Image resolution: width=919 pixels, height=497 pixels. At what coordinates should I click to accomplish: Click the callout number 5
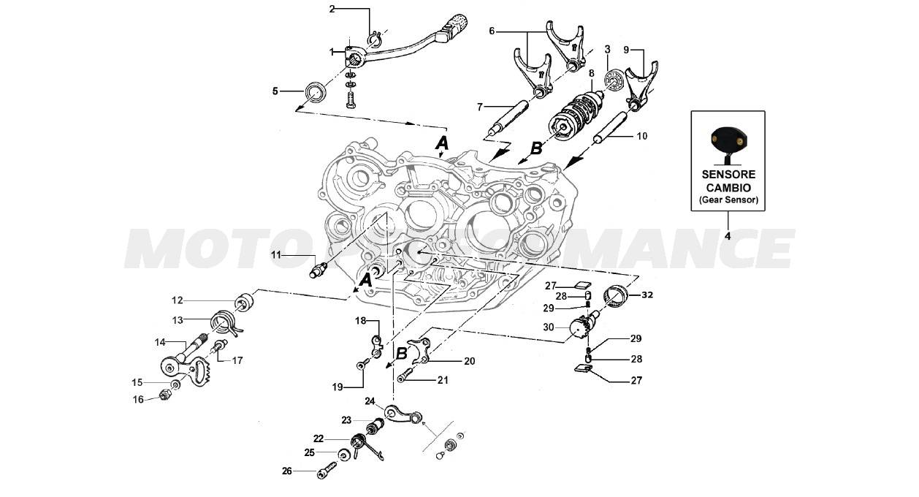(275, 91)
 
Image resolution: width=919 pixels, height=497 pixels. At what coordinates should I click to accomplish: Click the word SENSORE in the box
(728, 175)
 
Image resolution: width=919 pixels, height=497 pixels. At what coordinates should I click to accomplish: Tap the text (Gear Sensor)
(728, 200)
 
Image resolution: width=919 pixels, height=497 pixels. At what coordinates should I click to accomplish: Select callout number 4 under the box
(728, 236)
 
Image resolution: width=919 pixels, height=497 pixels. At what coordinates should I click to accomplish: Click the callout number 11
(276, 254)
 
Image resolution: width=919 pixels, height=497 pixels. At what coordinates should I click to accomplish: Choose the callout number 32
(647, 295)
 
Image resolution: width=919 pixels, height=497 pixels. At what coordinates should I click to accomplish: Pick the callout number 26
(286, 471)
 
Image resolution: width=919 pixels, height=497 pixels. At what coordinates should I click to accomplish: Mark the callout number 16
(137, 399)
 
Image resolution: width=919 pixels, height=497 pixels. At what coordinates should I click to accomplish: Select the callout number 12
(178, 300)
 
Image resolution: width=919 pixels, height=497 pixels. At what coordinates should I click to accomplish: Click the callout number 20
(469, 361)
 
